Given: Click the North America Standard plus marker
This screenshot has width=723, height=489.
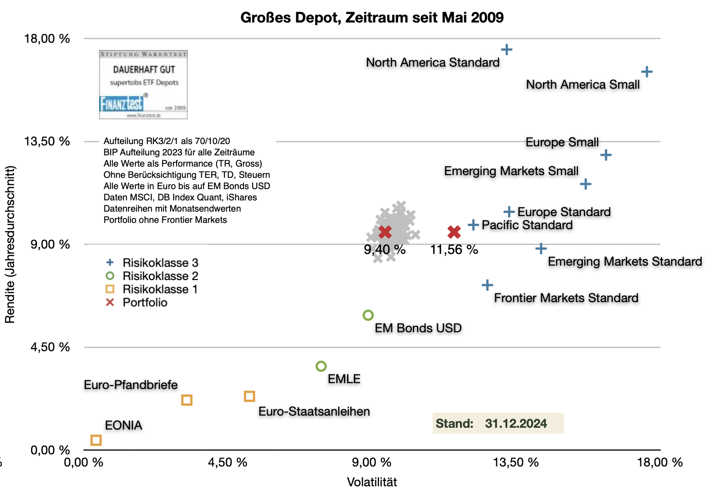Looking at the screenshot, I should point(506,50).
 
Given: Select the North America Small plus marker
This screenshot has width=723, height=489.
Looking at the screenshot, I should point(646,72).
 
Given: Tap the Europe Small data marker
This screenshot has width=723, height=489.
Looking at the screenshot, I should point(606,155).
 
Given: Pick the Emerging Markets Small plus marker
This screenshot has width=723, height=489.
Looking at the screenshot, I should point(585,184).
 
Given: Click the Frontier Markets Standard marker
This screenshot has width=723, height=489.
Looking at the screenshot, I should point(487,285).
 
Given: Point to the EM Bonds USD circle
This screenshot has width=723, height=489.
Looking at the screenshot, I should point(368,315).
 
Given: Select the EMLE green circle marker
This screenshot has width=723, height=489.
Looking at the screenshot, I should point(321,367).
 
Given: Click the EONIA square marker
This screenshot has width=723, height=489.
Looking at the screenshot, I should point(96,440).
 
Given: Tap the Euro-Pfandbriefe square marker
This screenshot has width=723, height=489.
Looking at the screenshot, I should point(187,400).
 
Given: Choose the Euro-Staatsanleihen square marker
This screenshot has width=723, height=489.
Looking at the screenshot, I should point(249,396).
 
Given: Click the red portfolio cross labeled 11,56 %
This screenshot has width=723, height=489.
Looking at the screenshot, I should point(454,232).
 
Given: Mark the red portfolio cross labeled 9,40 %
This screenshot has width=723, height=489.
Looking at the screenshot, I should point(385,232).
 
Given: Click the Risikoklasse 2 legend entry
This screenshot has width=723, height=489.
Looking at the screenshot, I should point(160,276).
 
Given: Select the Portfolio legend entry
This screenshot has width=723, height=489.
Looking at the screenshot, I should point(145,303).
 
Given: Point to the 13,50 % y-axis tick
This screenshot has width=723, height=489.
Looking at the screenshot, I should point(47,141).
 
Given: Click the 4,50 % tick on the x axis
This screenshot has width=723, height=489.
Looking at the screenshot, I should point(227,462).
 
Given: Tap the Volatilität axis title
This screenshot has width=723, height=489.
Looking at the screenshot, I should point(372,482).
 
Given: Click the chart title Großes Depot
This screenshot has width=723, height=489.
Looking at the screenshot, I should point(372,18).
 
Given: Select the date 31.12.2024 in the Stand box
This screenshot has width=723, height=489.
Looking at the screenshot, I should point(516,424).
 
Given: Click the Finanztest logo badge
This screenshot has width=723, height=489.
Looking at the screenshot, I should point(143,85).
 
